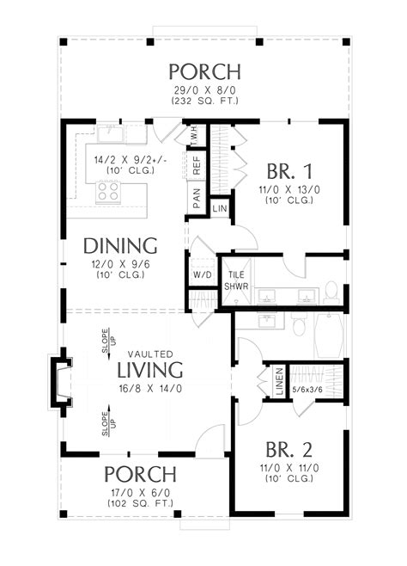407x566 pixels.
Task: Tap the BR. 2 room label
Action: click(x=289, y=450)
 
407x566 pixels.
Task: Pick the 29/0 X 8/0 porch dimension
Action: click(x=203, y=89)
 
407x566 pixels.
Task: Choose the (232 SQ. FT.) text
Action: click(x=203, y=101)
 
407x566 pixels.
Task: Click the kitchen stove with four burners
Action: click(x=107, y=194)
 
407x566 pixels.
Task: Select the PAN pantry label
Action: click(x=196, y=200)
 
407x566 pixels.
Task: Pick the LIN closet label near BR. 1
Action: click(x=220, y=209)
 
